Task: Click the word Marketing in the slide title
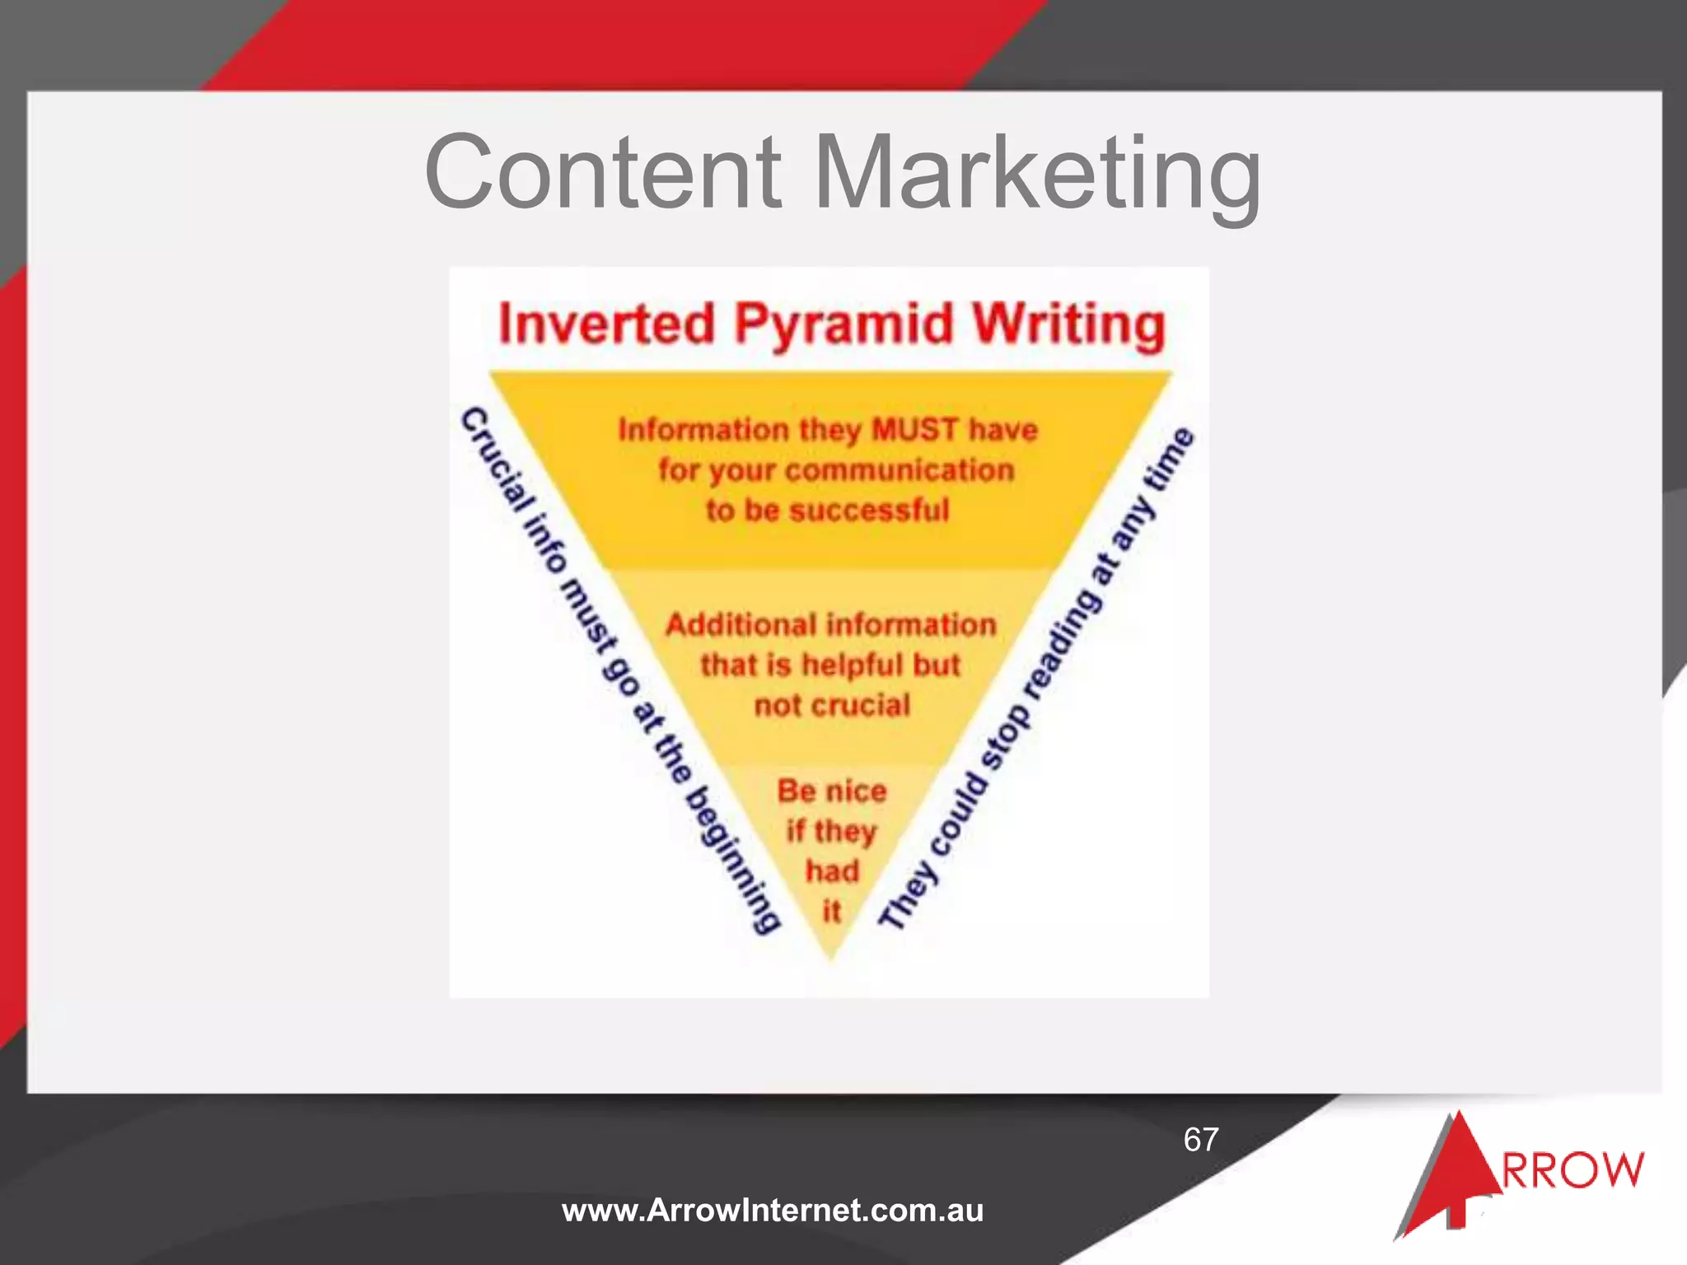(x=1038, y=175)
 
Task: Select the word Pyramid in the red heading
(x=843, y=324)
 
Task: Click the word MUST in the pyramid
(x=915, y=429)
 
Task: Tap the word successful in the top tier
(x=868, y=510)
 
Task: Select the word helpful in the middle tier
(x=852, y=665)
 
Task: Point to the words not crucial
(x=832, y=705)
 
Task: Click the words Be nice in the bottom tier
(x=832, y=791)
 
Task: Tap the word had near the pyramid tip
(x=832, y=871)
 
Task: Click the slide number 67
(x=1201, y=1139)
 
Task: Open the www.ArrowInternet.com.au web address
(x=773, y=1210)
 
